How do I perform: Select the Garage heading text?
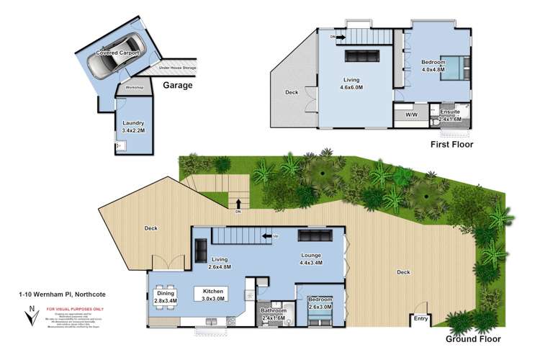(x=178, y=85)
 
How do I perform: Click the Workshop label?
(x=135, y=88)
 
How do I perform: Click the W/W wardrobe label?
(x=411, y=114)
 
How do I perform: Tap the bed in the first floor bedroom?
(x=456, y=70)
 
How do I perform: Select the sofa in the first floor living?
(x=360, y=57)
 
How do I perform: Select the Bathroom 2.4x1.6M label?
(x=274, y=314)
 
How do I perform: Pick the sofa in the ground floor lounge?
(x=313, y=236)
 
